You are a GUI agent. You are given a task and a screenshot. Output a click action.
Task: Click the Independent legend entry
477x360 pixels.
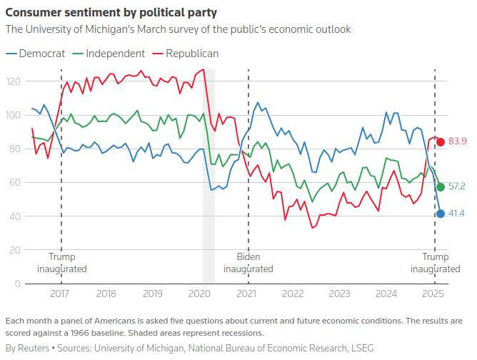(115, 54)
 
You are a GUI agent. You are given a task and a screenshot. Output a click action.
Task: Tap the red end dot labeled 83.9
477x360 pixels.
(441, 141)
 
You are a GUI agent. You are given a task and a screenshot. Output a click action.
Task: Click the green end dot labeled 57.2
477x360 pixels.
(441, 187)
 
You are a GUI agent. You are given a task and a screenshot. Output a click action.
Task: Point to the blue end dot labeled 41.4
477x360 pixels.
(441, 214)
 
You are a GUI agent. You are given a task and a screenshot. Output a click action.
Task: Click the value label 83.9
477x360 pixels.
(457, 141)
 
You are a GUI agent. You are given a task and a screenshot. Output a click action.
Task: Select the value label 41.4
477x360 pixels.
(457, 214)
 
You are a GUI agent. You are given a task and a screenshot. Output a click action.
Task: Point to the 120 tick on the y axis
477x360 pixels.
(13, 81)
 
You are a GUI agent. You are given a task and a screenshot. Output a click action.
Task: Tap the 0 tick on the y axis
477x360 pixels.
(18, 284)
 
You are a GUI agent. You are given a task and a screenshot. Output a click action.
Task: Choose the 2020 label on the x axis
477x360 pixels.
(199, 294)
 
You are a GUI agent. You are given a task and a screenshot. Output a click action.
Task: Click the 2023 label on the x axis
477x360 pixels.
(339, 294)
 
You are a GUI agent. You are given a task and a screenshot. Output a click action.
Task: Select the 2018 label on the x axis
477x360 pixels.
(106, 294)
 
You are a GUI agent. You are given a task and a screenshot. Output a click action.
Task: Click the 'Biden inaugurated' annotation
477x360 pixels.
(248, 263)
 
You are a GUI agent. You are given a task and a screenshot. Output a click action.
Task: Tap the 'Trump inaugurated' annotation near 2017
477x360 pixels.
(61, 263)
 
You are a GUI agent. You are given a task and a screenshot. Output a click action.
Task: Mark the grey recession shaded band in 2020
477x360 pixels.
(209, 179)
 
